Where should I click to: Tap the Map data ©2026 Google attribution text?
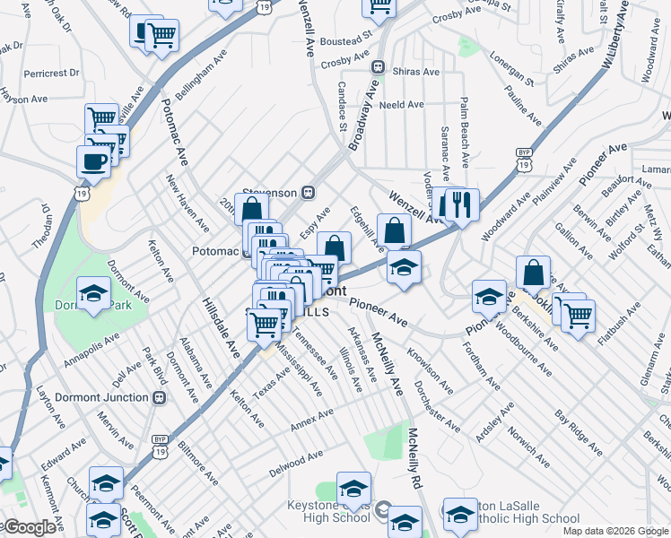coord(616,531)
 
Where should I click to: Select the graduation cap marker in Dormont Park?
coord(92,293)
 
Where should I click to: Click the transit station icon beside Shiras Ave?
coord(379,67)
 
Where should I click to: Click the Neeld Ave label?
coord(401,105)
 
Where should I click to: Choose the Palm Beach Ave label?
coord(465,133)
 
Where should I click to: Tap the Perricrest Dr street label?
coord(52,73)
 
